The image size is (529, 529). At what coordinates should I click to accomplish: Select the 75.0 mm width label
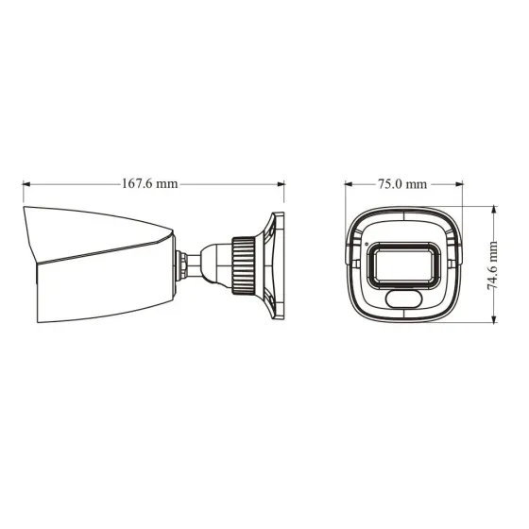402,184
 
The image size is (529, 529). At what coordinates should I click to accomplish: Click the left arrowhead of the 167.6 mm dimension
25,184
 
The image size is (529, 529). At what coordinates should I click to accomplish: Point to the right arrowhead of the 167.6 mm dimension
282,184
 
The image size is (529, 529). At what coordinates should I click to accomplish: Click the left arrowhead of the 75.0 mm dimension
348,184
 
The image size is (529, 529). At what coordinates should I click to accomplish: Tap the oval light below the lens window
404,299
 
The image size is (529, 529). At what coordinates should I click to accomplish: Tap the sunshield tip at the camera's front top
26,210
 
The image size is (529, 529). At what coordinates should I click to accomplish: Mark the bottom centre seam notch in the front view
403,319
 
